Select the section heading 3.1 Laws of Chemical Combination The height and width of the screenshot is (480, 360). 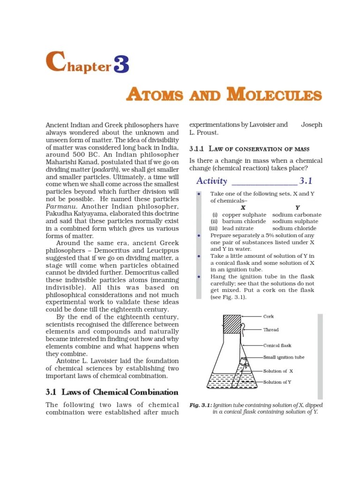(112, 392)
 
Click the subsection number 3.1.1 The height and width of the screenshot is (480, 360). (197, 149)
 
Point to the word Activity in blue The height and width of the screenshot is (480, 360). (212, 181)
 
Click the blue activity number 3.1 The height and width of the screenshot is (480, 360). (306, 181)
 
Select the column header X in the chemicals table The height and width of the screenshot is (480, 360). (243, 207)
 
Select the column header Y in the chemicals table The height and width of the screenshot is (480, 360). (298, 207)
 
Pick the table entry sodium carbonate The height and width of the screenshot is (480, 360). (295, 214)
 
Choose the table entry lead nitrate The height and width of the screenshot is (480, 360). (238, 228)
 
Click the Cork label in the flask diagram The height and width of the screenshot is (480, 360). (269, 316)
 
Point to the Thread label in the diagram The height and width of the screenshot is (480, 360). (271, 330)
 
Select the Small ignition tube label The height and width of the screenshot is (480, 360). (284, 357)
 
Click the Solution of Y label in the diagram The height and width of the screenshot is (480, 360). (277, 382)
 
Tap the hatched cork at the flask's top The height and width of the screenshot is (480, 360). (231, 323)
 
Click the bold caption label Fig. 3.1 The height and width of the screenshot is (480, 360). (200, 405)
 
